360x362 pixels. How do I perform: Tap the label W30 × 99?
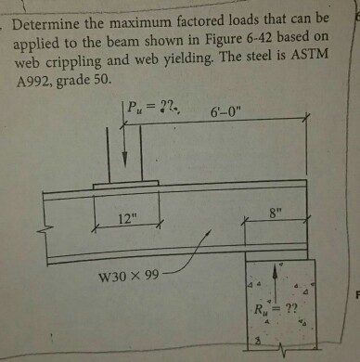click(x=131, y=277)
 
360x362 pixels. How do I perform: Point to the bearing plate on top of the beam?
click(x=125, y=187)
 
